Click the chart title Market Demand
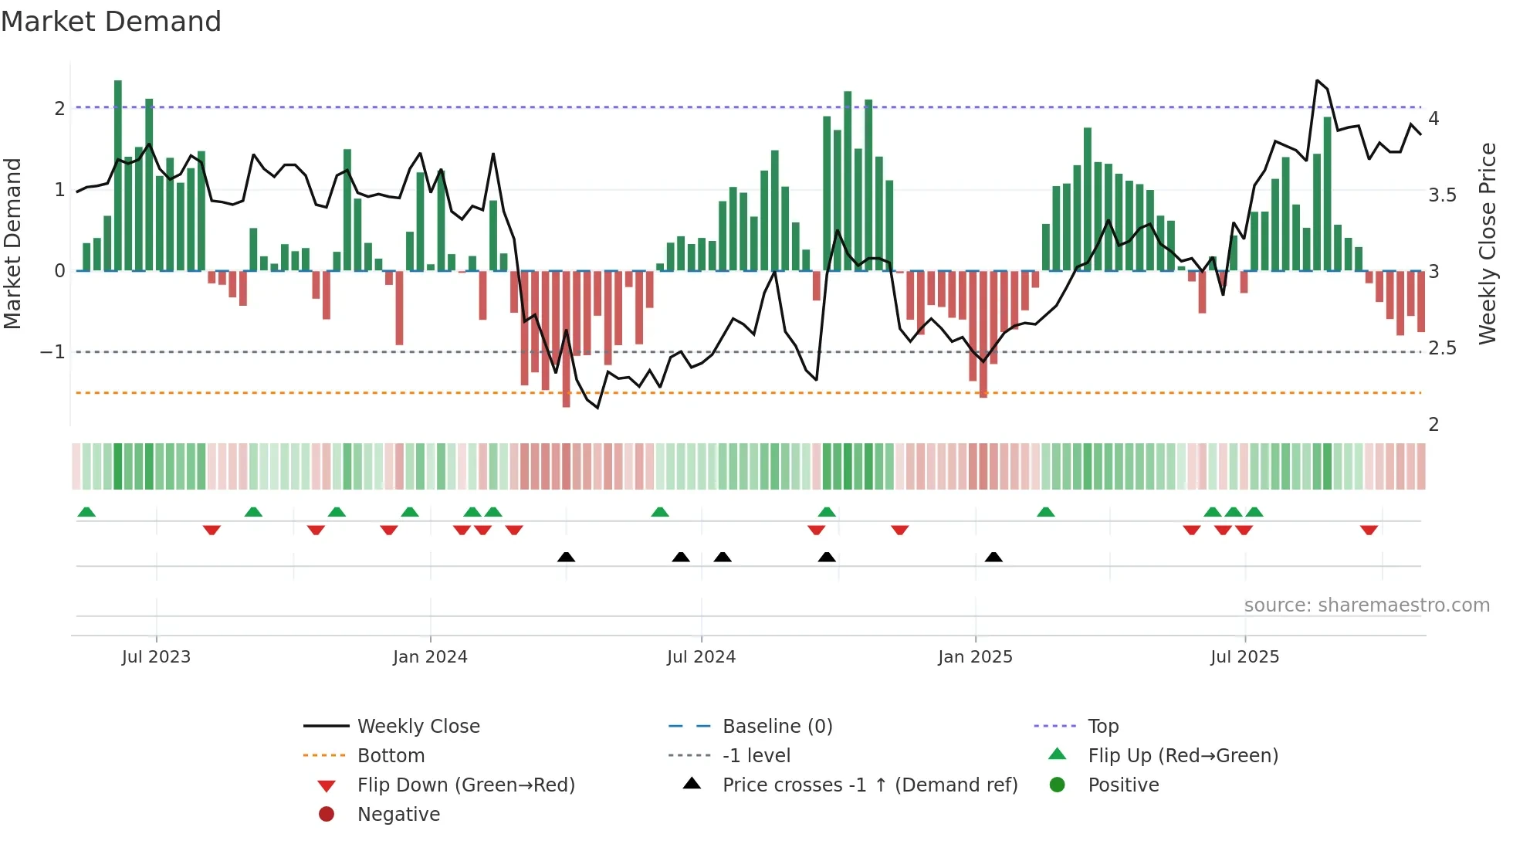point(111,22)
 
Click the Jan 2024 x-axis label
point(430,657)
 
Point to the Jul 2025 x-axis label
point(1244,657)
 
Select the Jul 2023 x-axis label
point(156,657)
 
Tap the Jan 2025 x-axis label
point(975,657)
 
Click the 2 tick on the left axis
point(59,108)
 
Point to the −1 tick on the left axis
point(53,352)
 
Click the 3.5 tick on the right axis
point(1442,195)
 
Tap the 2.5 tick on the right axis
point(1442,348)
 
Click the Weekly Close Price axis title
point(1487,243)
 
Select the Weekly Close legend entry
point(418,727)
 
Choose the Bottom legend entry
point(391,756)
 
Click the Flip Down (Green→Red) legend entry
point(465,785)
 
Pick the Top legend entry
point(1102,727)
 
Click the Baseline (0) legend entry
point(777,727)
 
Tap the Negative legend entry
point(398,815)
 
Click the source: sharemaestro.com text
point(1366,605)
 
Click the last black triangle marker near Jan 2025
point(993,558)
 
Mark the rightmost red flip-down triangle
point(1369,530)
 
